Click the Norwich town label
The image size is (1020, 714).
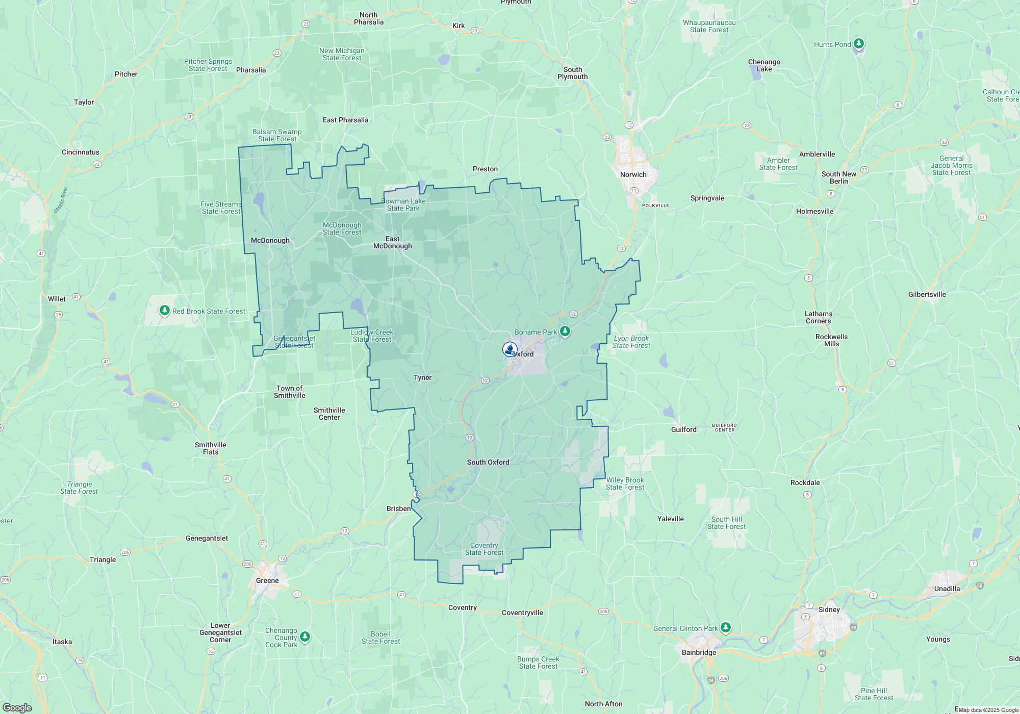pyautogui.click(x=633, y=174)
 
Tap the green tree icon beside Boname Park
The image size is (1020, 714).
pyautogui.click(x=565, y=331)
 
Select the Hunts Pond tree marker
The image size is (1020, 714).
pyautogui.click(x=859, y=44)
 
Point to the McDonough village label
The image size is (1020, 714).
pyautogui.click(x=270, y=240)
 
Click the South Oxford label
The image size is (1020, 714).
pyautogui.click(x=488, y=462)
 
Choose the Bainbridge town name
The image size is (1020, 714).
pyautogui.click(x=699, y=652)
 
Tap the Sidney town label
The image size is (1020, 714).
pyautogui.click(x=829, y=609)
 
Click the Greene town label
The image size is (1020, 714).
pyautogui.click(x=267, y=580)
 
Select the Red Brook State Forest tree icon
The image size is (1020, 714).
pyautogui.click(x=164, y=310)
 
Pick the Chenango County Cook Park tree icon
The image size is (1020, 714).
pyautogui.click(x=305, y=636)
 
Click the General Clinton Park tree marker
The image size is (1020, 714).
pyautogui.click(x=726, y=627)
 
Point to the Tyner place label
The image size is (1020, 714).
pyautogui.click(x=422, y=377)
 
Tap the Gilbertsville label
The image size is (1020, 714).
pyautogui.click(x=927, y=294)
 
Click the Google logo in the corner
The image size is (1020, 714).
pyautogui.click(x=17, y=707)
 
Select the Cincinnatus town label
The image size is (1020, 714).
pyautogui.click(x=81, y=152)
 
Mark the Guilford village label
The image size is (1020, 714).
pyautogui.click(x=683, y=429)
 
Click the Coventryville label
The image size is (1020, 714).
pyautogui.click(x=522, y=613)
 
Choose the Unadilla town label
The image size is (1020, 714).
pyautogui.click(x=947, y=589)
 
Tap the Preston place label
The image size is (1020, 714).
pyautogui.click(x=485, y=169)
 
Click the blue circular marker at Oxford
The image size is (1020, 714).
pyautogui.click(x=509, y=349)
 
